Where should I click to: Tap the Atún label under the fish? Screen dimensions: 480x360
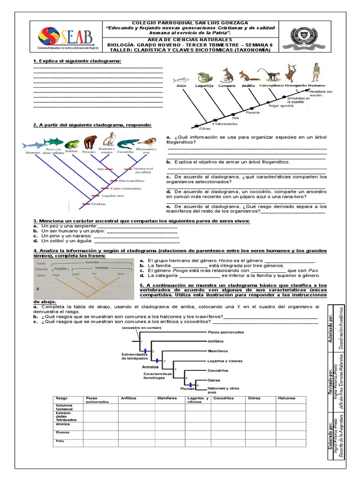[x=181, y=87]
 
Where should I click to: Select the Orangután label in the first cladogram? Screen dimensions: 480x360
[x=295, y=86]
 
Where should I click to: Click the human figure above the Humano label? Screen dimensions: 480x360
[x=316, y=73]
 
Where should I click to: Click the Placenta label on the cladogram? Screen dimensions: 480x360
[x=253, y=112]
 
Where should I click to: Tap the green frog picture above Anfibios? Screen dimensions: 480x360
[x=72, y=144]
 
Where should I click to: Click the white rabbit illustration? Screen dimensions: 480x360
[x=109, y=139]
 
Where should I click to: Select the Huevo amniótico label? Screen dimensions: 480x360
[x=130, y=180]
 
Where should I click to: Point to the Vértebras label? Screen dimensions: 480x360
[x=98, y=204]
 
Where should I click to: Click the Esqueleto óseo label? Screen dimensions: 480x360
[x=114, y=196]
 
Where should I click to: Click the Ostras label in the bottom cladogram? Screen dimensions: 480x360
[x=214, y=380]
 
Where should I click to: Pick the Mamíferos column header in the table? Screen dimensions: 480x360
[x=167, y=398]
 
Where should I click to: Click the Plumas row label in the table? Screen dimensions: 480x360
[x=63, y=432]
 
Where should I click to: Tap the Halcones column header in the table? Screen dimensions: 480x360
[x=287, y=398]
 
